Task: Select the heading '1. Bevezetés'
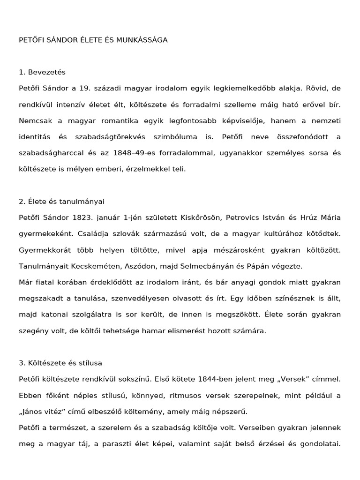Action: coord(42,72)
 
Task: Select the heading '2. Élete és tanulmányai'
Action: coord(61,201)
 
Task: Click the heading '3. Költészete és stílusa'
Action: coord(60,363)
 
